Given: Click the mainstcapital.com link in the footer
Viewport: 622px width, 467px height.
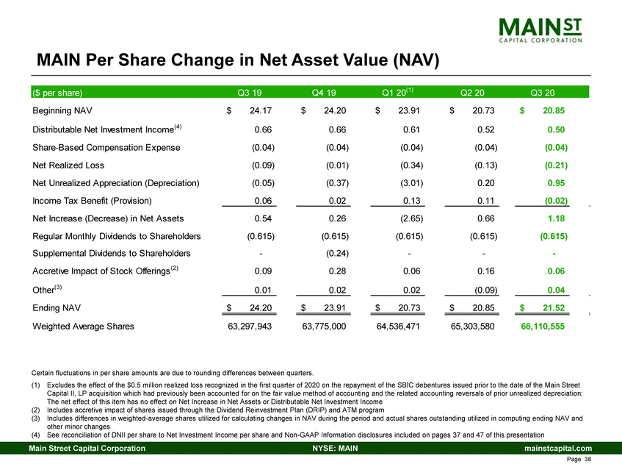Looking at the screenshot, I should pos(556,448).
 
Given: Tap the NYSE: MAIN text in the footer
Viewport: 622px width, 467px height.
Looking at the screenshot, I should pos(328,448).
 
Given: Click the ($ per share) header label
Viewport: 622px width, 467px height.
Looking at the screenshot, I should pos(58,93).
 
